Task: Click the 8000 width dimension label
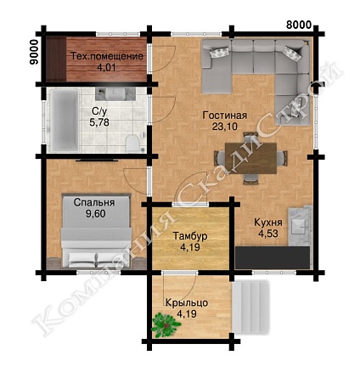pos(299,25)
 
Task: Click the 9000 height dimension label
pos(34,53)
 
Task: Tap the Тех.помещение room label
pos(107,56)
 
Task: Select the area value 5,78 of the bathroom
pos(99,122)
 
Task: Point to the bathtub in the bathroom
pos(65,121)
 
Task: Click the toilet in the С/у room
pos(132,144)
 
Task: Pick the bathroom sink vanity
pos(115,93)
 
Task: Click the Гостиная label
pos(225,116)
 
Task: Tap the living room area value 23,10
pos(225,127)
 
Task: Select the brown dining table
pos(250,158)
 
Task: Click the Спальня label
pos(94,203)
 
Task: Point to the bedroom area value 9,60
pos(96,214)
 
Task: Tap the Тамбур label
pos(190,236)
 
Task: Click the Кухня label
pos(268,223)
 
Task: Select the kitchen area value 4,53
pos(268,234)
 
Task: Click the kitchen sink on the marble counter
pos(299,226)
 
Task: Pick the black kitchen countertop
pos(273,257)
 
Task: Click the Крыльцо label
pos(187,303)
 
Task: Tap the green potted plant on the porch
pos(166,325)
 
